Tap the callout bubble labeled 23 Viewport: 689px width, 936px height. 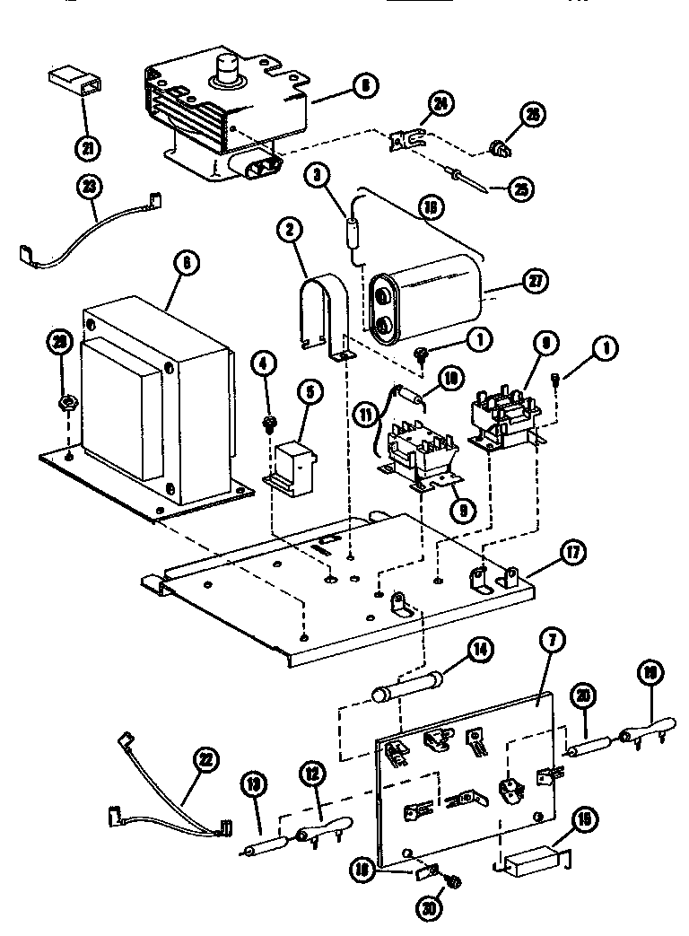(x=92, y=187)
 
